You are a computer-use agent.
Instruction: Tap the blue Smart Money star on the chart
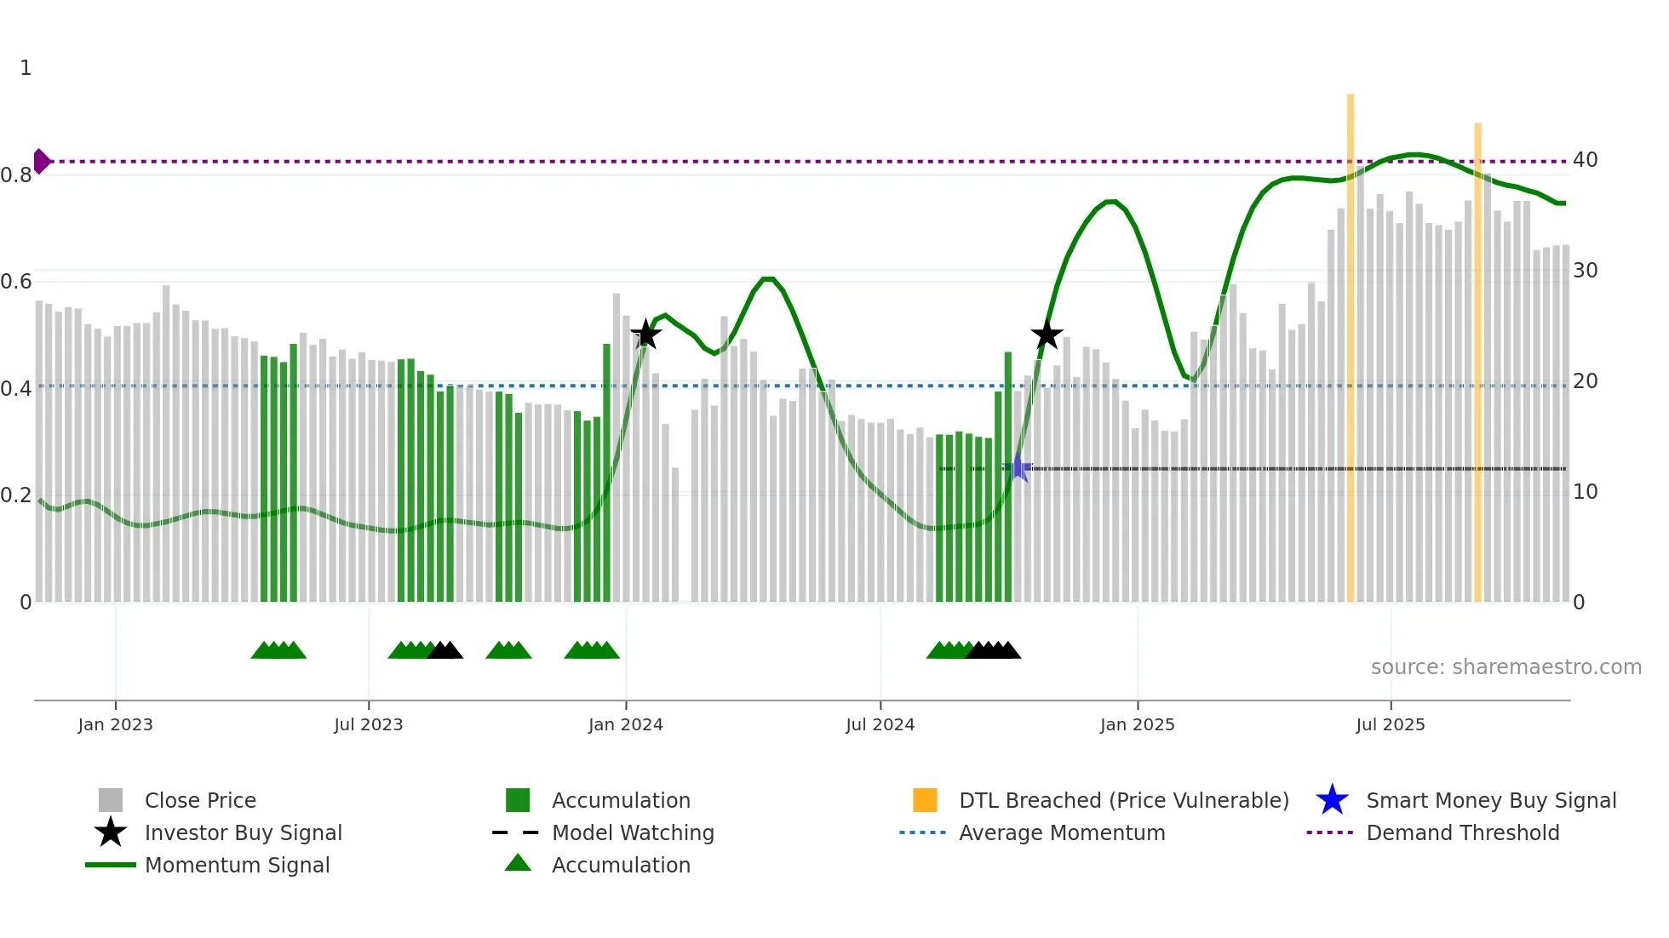pyautogui.click(x=1018, y=467)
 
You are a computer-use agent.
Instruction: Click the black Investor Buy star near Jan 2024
pyautogui.click(x=645, y=335)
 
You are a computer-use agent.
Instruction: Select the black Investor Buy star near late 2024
pyautogui.click(x=1047, y=335)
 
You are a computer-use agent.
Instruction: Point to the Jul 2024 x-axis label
pyautogui.click(x=880, y=724)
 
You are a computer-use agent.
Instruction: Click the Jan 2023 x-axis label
pyautogui.click(x=115, y=724)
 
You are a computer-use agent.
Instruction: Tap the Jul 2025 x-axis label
pyautogui.click(x=1390, y=724)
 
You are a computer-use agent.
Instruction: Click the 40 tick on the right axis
pyautogui.click(x=1585, y=160)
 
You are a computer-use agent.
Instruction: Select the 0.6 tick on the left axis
pyautogui.click(x=16, y=282)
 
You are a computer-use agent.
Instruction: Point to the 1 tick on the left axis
pyautogui.click(x=26, y=68)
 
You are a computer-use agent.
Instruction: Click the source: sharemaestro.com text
pyautogui.click(x=1506, y=667)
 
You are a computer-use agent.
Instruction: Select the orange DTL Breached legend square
pyautogui.click(x=925, y=800)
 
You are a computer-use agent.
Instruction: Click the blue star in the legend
pyautogui.click(x=1332, y=800)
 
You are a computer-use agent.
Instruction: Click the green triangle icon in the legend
pyautogui.click(x=518, y=863)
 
